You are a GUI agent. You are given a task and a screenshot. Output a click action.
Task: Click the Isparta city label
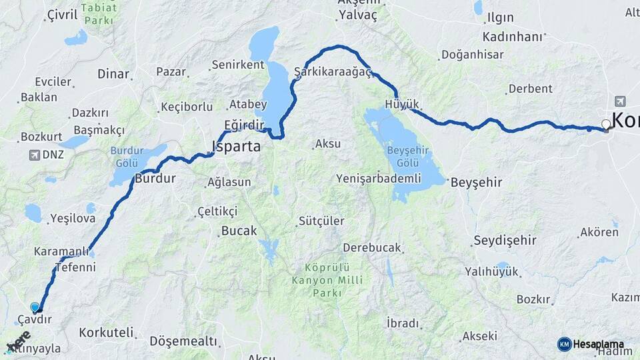point(236,146)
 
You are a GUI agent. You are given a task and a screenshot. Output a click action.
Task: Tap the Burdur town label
point(155,179)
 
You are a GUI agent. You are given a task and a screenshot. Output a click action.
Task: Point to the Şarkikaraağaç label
point(332,71)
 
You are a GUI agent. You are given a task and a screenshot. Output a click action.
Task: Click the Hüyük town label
point(402,104)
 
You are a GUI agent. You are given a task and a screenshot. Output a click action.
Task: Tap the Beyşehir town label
point(476,182)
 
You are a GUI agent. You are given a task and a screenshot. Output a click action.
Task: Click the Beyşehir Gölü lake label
point(407,157)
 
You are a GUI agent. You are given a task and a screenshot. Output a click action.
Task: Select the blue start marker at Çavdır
point(35,307)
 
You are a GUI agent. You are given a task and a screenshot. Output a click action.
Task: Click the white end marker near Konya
point(606,124)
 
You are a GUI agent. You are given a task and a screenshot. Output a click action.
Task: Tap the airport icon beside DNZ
point(35,155)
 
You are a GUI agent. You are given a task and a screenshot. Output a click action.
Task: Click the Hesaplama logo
point(591,344)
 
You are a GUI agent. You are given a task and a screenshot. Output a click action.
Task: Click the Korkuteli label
point(106,332)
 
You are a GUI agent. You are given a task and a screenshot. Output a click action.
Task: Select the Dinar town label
point(113,74)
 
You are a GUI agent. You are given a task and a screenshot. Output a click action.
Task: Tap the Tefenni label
point(75,267)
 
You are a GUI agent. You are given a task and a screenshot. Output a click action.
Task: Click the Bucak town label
point(238,231)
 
